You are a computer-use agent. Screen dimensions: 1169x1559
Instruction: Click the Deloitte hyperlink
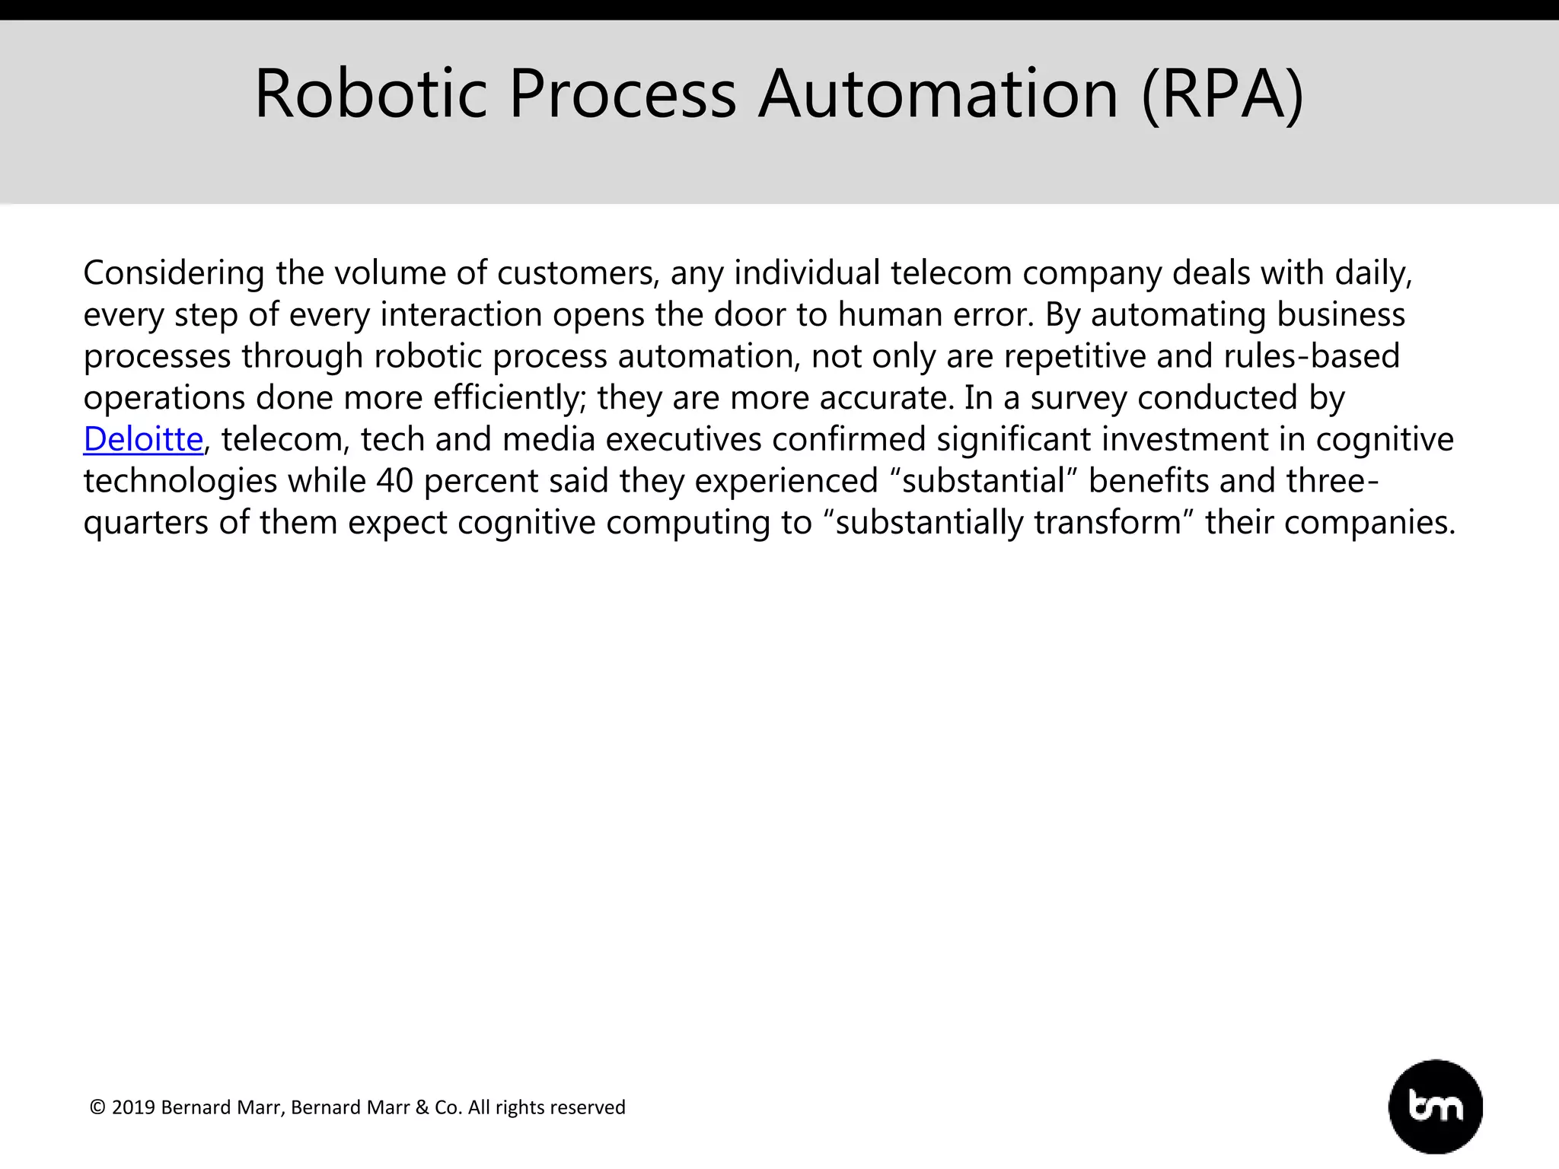(x=143, y=439)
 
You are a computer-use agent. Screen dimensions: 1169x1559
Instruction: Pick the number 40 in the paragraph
(x=394, y=481)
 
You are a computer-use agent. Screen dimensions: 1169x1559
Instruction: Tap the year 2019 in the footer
(x=133, y=1107)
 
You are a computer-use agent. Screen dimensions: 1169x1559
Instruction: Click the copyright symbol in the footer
(x=97, y=1107)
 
